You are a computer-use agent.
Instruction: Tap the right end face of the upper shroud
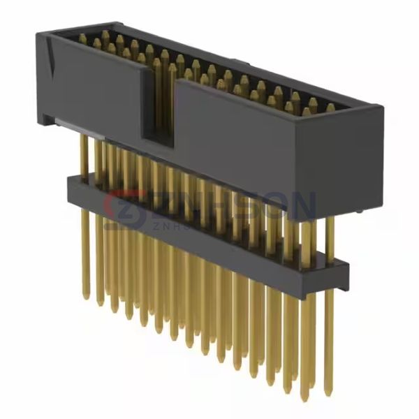click(372, 150)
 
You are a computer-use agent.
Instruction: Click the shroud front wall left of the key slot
click(94, 87)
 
